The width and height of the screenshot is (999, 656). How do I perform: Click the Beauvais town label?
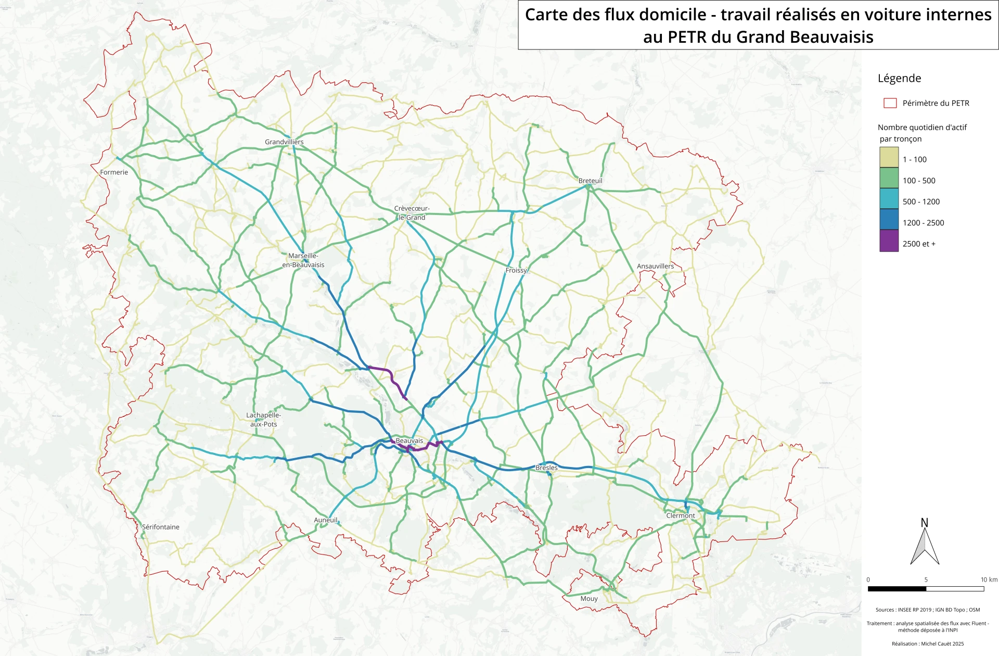[x=409, y=441]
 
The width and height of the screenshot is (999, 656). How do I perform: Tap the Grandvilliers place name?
[x=284, y=142]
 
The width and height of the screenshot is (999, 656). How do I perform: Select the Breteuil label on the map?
[x=590, y=181]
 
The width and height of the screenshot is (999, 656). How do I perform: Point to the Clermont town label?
[x=680, y=516]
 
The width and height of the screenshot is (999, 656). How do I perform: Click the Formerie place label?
[x=114, y=172]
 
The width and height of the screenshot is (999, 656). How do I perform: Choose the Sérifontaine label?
[x=161, y=527]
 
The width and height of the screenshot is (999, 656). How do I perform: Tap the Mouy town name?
[x=589, y=599]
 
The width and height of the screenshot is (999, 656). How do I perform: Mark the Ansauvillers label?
[x=655, y=267]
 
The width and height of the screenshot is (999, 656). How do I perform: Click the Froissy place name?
[x=516, y=271]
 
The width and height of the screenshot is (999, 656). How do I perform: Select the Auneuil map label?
[x=326, y=520]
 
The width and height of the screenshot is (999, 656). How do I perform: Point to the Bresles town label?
[x=546, y=468]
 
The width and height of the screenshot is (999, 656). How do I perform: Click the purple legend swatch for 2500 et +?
[x=889, y=242]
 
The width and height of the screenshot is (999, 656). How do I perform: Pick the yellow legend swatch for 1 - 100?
[x=889, y=157]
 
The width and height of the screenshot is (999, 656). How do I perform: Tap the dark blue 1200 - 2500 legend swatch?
[x=889, y=220]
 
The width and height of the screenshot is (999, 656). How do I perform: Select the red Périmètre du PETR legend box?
[x=890, y=103]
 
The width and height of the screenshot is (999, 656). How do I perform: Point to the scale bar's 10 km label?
[x=989, y=580]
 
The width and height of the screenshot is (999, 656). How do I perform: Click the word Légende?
[x=899, y=79]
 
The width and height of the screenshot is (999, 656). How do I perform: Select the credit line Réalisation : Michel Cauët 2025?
[x=927, y=644]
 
